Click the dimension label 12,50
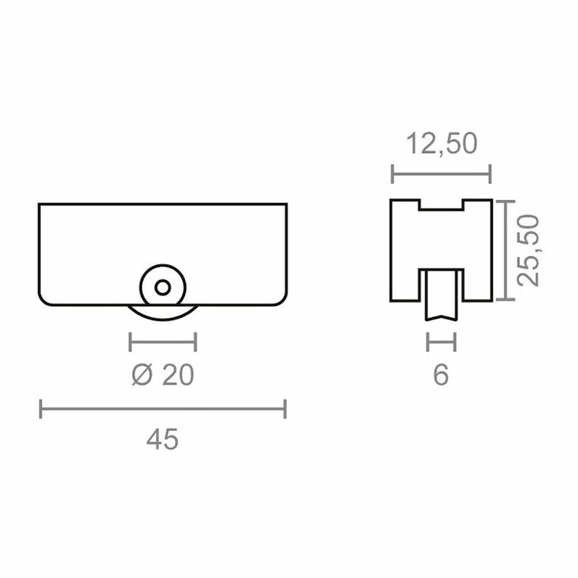point(442,144)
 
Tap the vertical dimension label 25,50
point(530,250)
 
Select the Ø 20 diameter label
point(163,374)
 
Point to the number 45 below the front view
point(163,440)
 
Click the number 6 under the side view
point(441,374)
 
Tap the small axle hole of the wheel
point(163,287)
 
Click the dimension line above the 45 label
point(163,409)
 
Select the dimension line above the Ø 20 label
point(163,341)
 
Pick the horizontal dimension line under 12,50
point(441,174)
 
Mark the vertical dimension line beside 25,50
point(507,250)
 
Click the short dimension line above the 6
point(441,341)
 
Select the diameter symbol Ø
point(141,374)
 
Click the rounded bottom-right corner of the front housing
point(282,300)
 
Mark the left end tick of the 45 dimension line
point(41,409)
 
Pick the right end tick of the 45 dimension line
point(285,409)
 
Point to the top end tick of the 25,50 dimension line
point(507,202)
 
